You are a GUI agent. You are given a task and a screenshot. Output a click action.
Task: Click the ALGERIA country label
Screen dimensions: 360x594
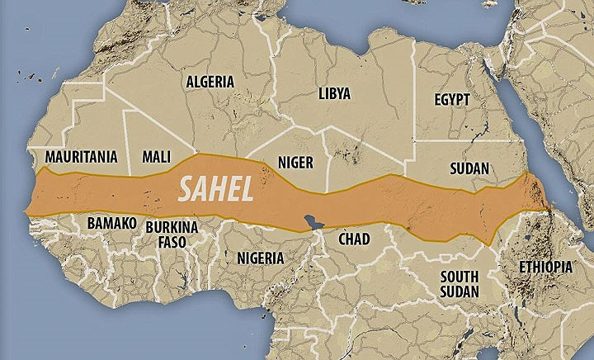point(210,82)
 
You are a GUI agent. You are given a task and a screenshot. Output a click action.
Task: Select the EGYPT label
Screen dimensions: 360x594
point(451,100)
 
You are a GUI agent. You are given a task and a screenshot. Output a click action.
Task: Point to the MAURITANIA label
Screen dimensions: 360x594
point(81,156)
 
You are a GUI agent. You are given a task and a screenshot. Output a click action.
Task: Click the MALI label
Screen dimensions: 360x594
point(157,156)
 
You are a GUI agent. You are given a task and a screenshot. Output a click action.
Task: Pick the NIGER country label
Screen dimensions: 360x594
point(295,163)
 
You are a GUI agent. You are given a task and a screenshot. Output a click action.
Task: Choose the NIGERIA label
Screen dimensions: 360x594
point(260,258)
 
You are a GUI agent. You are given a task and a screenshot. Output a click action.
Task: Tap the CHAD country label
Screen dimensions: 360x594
point(355,239)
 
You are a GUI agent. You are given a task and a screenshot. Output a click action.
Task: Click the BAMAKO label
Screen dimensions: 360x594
point(111,223)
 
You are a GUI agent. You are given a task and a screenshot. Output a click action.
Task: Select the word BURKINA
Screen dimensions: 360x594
point(172,226)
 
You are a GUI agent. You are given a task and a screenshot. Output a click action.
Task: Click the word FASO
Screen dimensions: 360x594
point(172,242)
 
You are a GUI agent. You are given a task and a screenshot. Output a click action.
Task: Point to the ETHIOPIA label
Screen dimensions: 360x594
point(545,267)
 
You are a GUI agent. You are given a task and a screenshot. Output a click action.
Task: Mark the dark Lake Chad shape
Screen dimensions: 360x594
point(312,221)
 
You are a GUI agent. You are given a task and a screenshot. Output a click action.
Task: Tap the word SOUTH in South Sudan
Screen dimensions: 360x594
point(460,276)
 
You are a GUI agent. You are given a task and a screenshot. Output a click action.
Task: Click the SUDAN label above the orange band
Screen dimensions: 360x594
point(469,168)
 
